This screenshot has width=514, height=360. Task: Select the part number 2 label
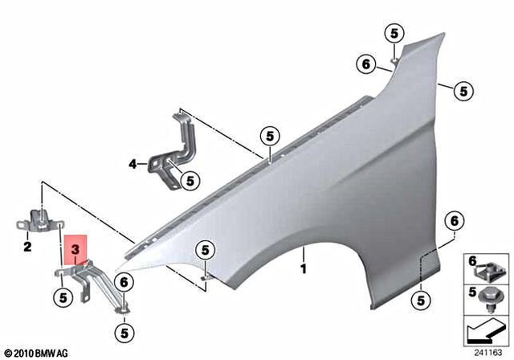coord(27,247)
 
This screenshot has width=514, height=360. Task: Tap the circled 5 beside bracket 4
coord(190,182)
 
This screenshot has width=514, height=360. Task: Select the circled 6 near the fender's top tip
coord(365,63)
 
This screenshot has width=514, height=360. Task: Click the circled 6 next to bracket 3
coord(124,282)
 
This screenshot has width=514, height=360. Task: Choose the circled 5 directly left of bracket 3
coord(62,297)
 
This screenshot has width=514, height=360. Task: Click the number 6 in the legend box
coord(471,260)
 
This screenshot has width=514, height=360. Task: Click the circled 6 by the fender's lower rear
coord(454,220)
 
